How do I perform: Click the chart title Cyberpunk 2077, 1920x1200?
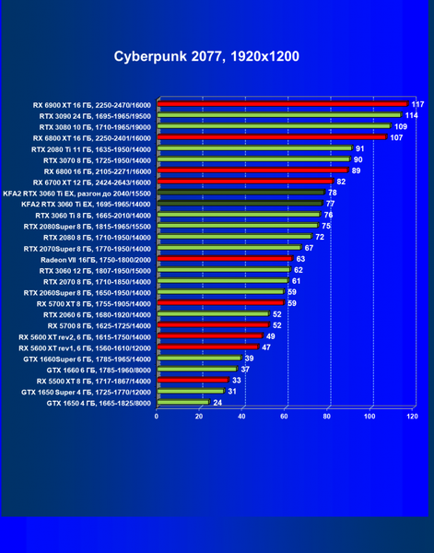206,56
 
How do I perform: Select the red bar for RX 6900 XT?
283,103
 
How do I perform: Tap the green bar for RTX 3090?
279,114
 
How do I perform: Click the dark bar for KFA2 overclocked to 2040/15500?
241,193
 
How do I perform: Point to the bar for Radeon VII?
225,258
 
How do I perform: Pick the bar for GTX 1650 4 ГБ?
183,402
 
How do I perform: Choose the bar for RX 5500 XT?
194,380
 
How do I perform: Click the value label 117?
417,104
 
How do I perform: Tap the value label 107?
396,137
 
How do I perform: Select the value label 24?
217,403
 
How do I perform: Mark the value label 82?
341,182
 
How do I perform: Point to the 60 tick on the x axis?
284,417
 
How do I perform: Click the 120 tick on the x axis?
412,417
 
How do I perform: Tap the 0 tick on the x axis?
156,417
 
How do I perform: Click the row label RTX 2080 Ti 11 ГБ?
91,149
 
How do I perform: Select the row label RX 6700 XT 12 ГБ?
91,182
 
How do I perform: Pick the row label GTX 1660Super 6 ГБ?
88,359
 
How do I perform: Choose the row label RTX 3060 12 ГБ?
95,271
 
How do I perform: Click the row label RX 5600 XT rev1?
85,348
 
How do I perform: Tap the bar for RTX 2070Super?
229,247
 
